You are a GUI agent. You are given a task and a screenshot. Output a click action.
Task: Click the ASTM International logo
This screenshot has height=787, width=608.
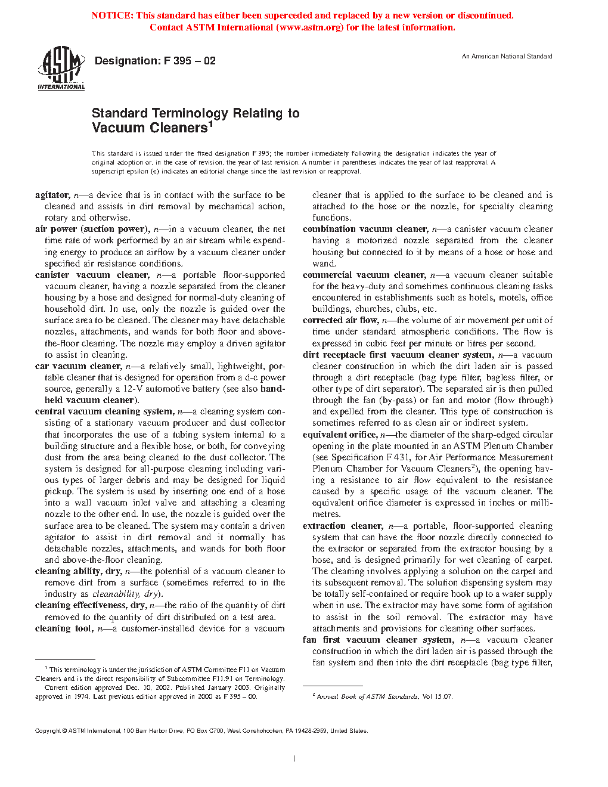61,69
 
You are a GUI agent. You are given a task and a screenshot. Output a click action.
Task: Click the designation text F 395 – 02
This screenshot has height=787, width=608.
155,61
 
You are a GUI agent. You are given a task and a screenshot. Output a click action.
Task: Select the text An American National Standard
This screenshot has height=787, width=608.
507,56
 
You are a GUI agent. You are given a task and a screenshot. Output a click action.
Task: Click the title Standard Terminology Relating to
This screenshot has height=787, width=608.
196,113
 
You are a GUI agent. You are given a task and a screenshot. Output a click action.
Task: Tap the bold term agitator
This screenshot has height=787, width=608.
52,195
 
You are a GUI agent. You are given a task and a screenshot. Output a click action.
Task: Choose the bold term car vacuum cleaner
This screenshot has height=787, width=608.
78,366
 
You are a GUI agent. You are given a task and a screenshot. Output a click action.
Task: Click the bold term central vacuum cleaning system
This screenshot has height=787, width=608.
104,411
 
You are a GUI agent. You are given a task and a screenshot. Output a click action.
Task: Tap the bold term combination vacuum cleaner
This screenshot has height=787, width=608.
365,229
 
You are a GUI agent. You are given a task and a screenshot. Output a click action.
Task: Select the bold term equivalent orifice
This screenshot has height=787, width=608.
339,435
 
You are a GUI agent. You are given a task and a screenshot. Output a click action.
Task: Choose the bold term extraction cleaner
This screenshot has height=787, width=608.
343,526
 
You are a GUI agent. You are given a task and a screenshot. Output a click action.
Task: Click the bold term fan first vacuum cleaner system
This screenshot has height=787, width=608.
377,640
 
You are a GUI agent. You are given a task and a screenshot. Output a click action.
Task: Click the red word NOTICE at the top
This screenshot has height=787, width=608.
112,16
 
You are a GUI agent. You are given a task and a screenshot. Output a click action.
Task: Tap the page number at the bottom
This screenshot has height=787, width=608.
294,759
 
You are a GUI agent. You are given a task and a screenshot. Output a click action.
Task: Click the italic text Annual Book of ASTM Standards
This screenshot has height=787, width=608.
367,696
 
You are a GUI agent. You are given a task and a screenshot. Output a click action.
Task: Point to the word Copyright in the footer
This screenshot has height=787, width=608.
48,731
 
